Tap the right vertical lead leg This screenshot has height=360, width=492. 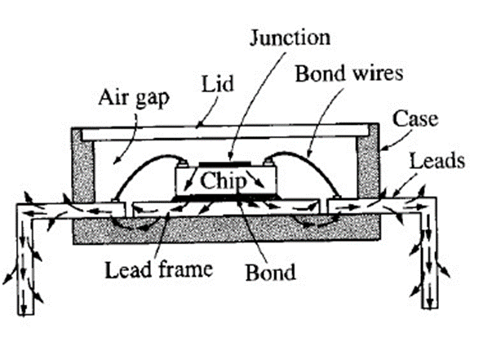429,261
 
